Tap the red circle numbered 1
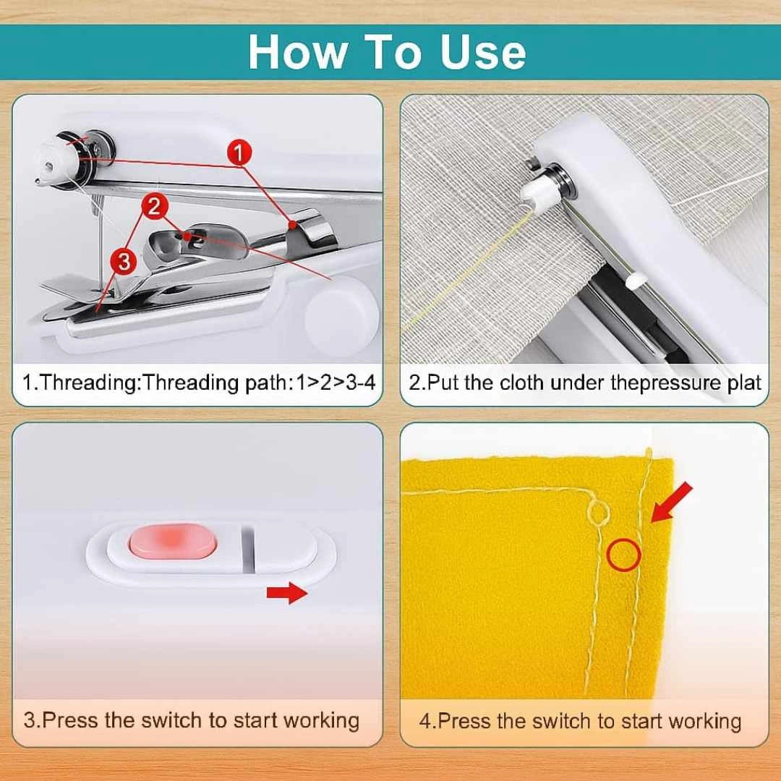[239, 153]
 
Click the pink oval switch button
[171, 542]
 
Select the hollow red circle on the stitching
[623, 555]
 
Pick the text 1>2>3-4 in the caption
[336, 382]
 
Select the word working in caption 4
[704, 721]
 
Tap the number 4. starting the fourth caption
[427, 721]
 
